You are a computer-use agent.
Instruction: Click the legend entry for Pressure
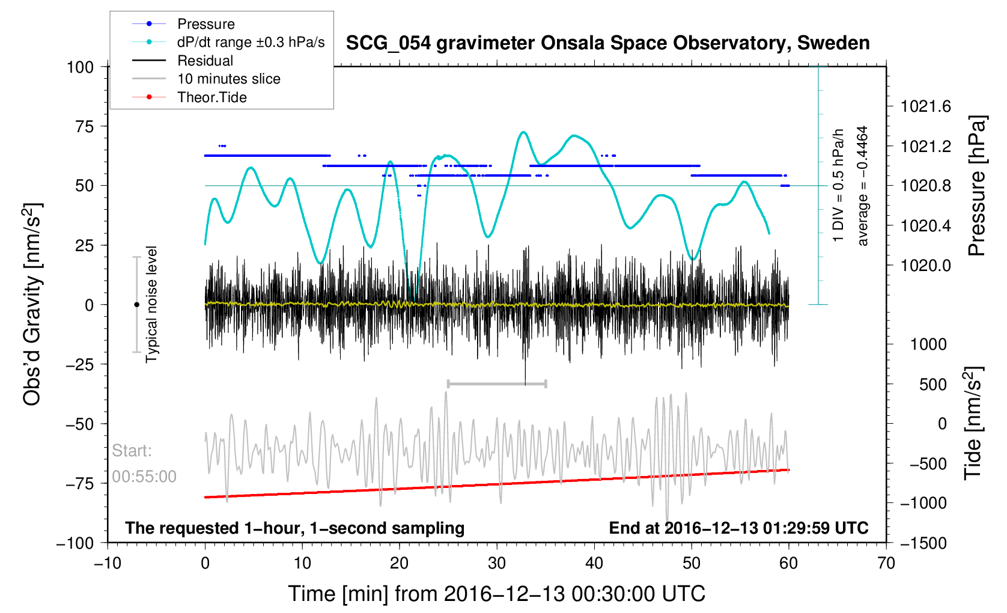click(205, 24)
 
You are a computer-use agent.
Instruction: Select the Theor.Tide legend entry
click(211, 97)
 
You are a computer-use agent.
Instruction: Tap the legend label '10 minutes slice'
click(228, 79)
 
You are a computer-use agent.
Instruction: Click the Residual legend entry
click(205, 61)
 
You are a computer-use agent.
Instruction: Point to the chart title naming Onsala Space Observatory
click(607, 43)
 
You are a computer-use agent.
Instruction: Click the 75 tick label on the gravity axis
click(85, 126)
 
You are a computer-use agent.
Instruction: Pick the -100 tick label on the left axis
click(75, 543)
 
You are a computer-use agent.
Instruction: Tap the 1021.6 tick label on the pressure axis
click(925, 107)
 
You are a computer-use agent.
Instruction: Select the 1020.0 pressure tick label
click(925, 266)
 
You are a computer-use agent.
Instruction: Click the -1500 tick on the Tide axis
click(923, 543)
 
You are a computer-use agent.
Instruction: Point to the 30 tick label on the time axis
click(497, 564)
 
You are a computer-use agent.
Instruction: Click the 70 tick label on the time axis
click(886, 564)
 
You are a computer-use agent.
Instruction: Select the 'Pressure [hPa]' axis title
click(977, 186)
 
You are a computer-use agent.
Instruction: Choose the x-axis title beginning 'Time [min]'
click(496, 594)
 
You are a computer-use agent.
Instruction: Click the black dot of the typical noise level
click(136, 305)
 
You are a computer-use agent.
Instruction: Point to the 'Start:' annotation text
click(132, 451)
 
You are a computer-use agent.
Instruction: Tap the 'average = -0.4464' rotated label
click(863, 186)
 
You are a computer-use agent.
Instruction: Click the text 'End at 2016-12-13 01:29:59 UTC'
click(738, 528)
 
